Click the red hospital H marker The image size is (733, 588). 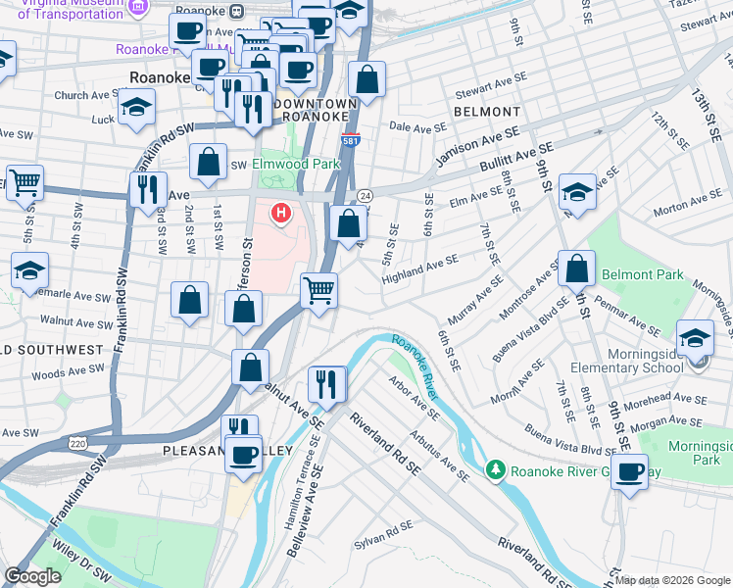(x=282, y=212)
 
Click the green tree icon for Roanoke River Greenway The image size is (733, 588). (x=497, y=471)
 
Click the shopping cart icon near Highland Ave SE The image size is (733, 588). (x=318, y=290)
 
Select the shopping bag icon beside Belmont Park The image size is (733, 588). (x=577, y=268)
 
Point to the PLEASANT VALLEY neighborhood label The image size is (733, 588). (x=227, y=450)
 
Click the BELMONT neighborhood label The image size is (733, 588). (x=487, y=112)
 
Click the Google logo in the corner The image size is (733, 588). (x=32, y=576)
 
